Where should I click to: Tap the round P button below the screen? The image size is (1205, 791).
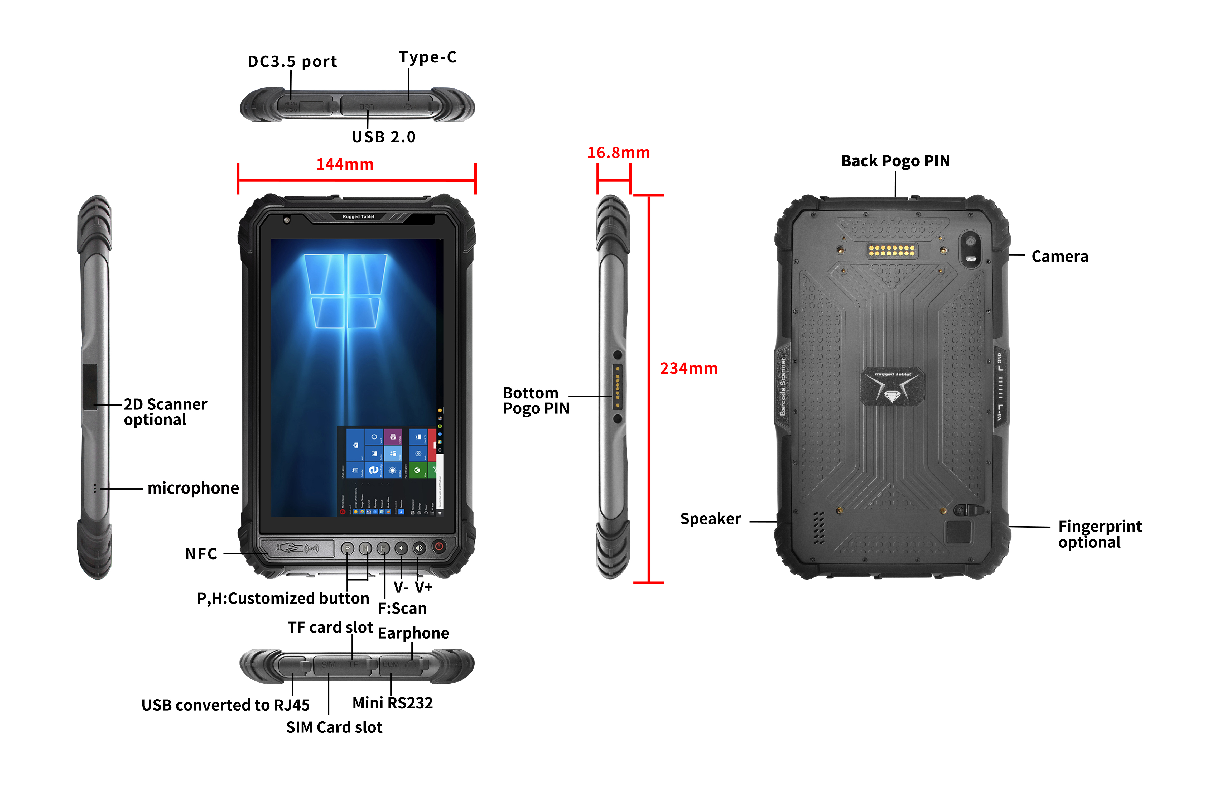click(x=347, y=548)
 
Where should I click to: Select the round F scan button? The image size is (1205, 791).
click(x=383, y=548)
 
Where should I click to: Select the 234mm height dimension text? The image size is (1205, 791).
click(x=688, y=368)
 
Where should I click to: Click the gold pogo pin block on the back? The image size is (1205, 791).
click(x=891, y=250)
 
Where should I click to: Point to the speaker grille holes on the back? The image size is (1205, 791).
click(x=819, y=528)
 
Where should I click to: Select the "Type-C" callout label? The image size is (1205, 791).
click(x=428, y=57)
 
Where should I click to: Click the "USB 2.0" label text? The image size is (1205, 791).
click(x=384, y=137)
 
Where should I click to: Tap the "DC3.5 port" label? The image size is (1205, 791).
click(x=292, y=62)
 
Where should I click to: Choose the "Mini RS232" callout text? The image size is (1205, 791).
click(x=392, y=703)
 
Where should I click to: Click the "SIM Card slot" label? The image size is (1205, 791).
click(x=334, y=727)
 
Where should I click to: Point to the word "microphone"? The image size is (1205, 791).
click(x=193, y=488)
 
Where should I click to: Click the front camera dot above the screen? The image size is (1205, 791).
click(x=287, y=220)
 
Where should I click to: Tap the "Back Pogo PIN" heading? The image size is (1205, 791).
click(x=895, y=161)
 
